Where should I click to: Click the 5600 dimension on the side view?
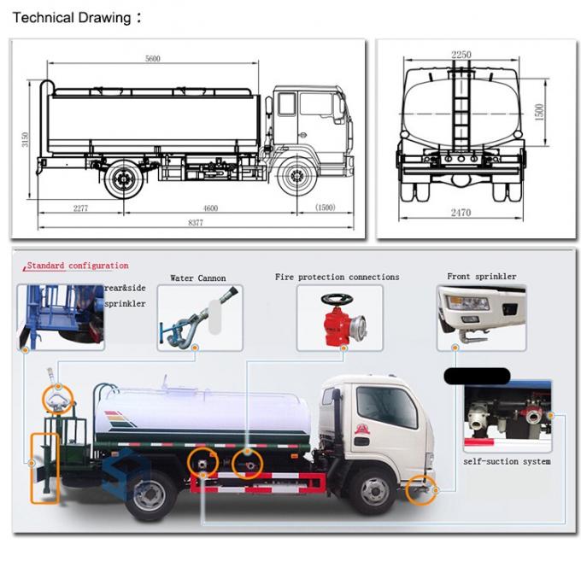click(153, 58)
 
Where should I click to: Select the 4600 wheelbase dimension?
click(210, 208)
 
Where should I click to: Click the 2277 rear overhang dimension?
click(81, 208)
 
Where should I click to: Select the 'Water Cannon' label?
click(198, 278)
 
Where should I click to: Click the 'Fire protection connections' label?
click(337, 278)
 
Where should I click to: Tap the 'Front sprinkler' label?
click(482, 278)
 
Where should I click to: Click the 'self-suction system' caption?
click(507, 462)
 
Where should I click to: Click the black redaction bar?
click(478, 376)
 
